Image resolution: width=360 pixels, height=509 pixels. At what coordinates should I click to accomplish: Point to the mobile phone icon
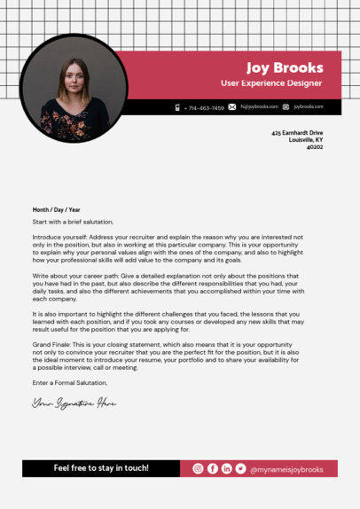177,107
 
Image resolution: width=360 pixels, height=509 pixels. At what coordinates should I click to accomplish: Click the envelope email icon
232,107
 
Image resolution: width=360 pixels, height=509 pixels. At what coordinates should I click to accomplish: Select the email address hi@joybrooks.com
259,107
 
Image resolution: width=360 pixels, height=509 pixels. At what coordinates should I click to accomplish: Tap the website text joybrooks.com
309,107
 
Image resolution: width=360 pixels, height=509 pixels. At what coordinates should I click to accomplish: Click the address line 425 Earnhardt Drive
297,132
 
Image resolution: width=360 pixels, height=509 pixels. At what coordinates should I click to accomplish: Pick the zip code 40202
315,147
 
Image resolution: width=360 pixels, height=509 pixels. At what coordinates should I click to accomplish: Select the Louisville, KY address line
306,139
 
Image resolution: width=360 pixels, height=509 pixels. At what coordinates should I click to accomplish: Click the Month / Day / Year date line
56,209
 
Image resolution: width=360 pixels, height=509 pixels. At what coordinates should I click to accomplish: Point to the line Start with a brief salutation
73,222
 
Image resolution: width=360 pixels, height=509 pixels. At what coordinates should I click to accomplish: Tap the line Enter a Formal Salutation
69,382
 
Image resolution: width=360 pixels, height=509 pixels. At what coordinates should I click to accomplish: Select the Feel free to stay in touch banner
101,468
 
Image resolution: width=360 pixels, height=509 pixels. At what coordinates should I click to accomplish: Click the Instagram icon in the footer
198,468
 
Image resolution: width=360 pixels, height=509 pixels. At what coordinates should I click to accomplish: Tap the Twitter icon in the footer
240,468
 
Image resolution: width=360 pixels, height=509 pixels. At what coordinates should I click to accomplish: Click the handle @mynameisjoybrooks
286,468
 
